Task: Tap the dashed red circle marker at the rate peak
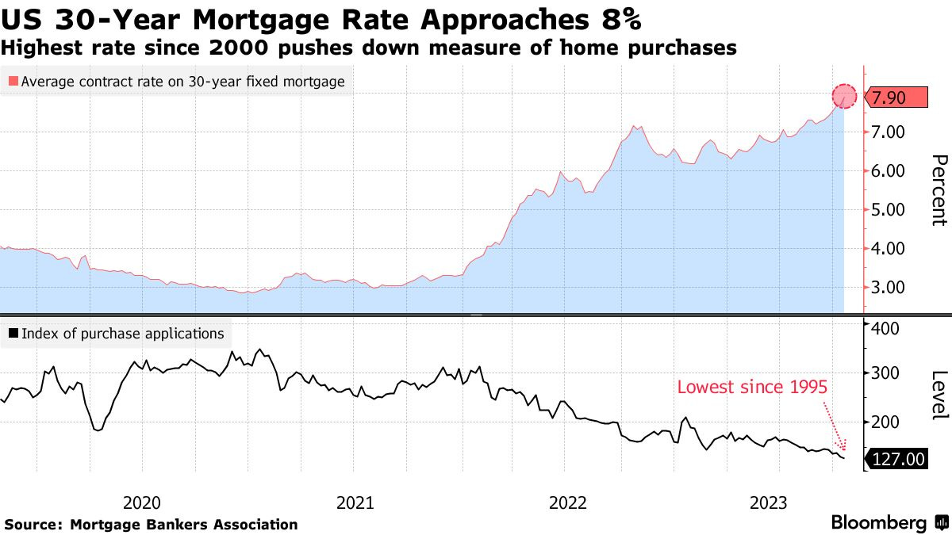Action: [844, 97]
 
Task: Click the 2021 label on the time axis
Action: [355, 503]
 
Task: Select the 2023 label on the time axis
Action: [769, 503]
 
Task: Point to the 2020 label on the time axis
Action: [143, 503]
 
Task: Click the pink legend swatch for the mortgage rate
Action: [13, 81]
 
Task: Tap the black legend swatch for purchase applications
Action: [13, 334]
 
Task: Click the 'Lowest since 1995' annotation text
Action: [752, 388]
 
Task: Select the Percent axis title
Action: [938, 190]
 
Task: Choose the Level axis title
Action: [938, 395]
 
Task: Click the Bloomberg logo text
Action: [878, 523]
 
